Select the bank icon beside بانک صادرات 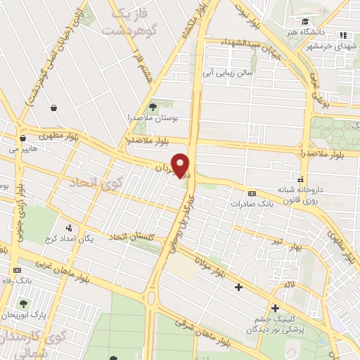click(252, 193)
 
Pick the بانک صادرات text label click(252, 204)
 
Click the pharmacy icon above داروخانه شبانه click(301, 179)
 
